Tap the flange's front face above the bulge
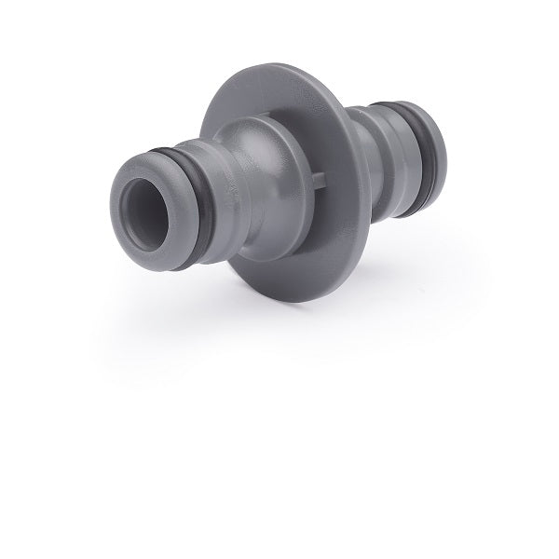pos(270,93)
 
